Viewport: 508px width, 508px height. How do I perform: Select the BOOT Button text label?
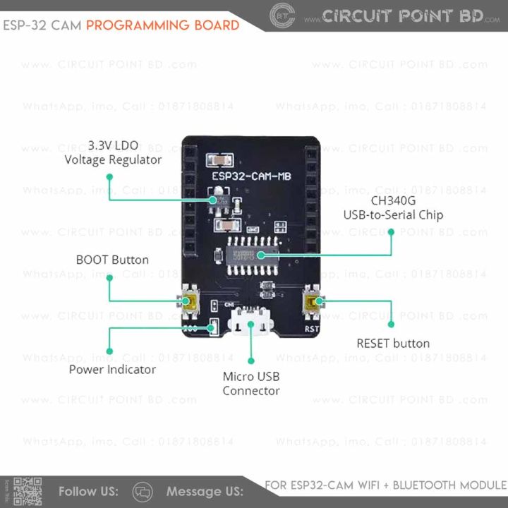(x=112, y=260)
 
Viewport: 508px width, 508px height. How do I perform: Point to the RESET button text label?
(x=393, y=344)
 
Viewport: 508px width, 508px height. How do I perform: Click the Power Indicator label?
(x=112, y=369)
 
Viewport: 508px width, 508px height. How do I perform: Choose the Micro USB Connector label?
(x=251, y=384)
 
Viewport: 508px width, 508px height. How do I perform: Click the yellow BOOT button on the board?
(x=191, y=304)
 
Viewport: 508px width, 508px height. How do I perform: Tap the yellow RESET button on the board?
(x=312, y=304)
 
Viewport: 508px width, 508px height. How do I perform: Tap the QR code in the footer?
(x=28, y=491)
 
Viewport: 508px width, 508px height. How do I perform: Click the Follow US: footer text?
(x=88, y=491)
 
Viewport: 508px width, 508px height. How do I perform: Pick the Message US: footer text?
(x=205, y=491)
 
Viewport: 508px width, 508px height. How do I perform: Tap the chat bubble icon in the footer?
(x=143, y=491)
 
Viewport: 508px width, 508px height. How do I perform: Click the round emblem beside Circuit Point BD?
(x=283, y=16)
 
